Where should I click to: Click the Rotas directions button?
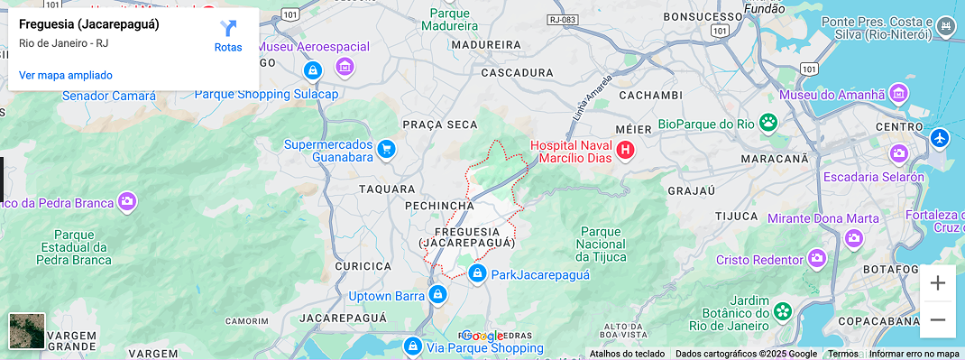228,35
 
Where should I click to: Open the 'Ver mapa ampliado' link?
66,75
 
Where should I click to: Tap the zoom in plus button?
938,283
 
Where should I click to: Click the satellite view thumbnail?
26,330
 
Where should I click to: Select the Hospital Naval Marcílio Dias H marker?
625,151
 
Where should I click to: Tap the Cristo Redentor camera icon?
817,260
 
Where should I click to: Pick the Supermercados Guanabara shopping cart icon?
386,150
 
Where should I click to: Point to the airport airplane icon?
940,139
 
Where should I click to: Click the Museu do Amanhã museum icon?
898,94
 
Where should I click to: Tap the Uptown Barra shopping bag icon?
437,295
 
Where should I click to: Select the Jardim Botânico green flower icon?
783,312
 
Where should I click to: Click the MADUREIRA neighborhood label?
486,44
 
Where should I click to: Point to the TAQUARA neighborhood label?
387,189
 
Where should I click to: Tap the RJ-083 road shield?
561,19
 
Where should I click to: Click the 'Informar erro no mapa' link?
914,354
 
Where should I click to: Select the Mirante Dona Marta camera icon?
854,238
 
